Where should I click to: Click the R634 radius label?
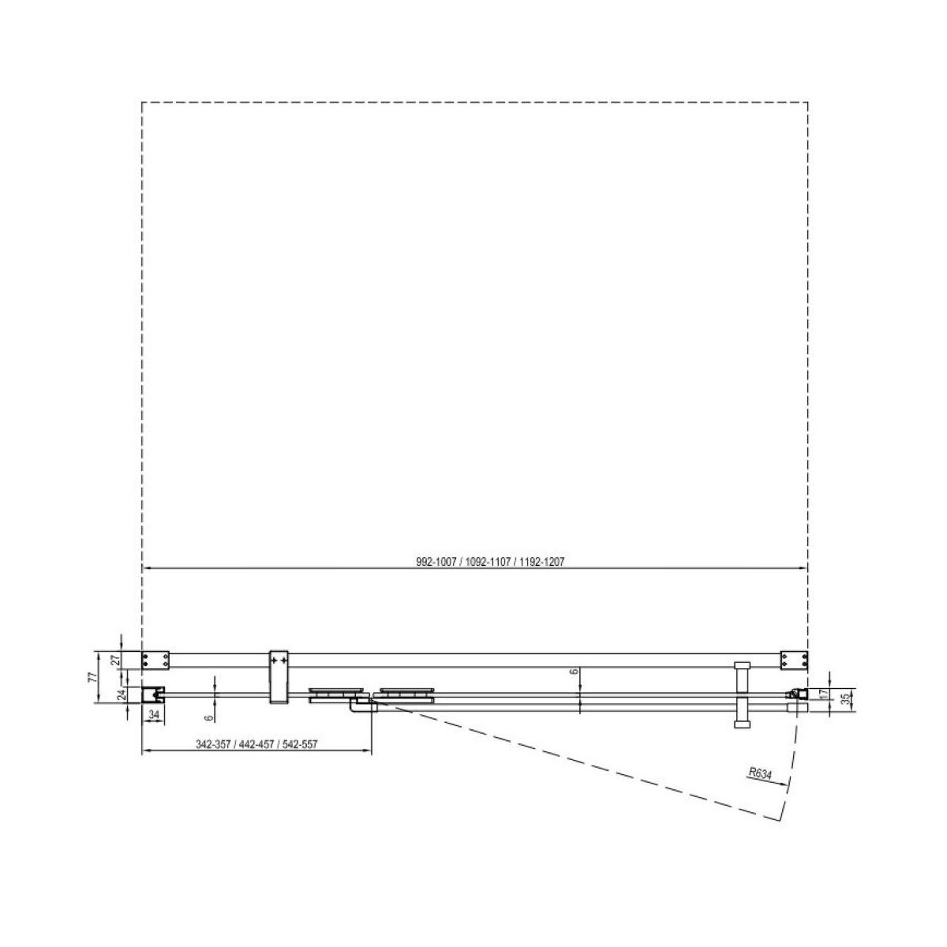pos(760,773)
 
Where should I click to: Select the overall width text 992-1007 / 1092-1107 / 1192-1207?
pos(490,562)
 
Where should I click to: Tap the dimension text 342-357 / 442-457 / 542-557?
pos(256,744)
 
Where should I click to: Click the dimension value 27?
pos(116,660)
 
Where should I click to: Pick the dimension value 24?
pos(122,694)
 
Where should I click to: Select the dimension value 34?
pos(154,715)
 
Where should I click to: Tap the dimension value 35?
pos(845,700)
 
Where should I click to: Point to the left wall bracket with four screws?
pos(155,660)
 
